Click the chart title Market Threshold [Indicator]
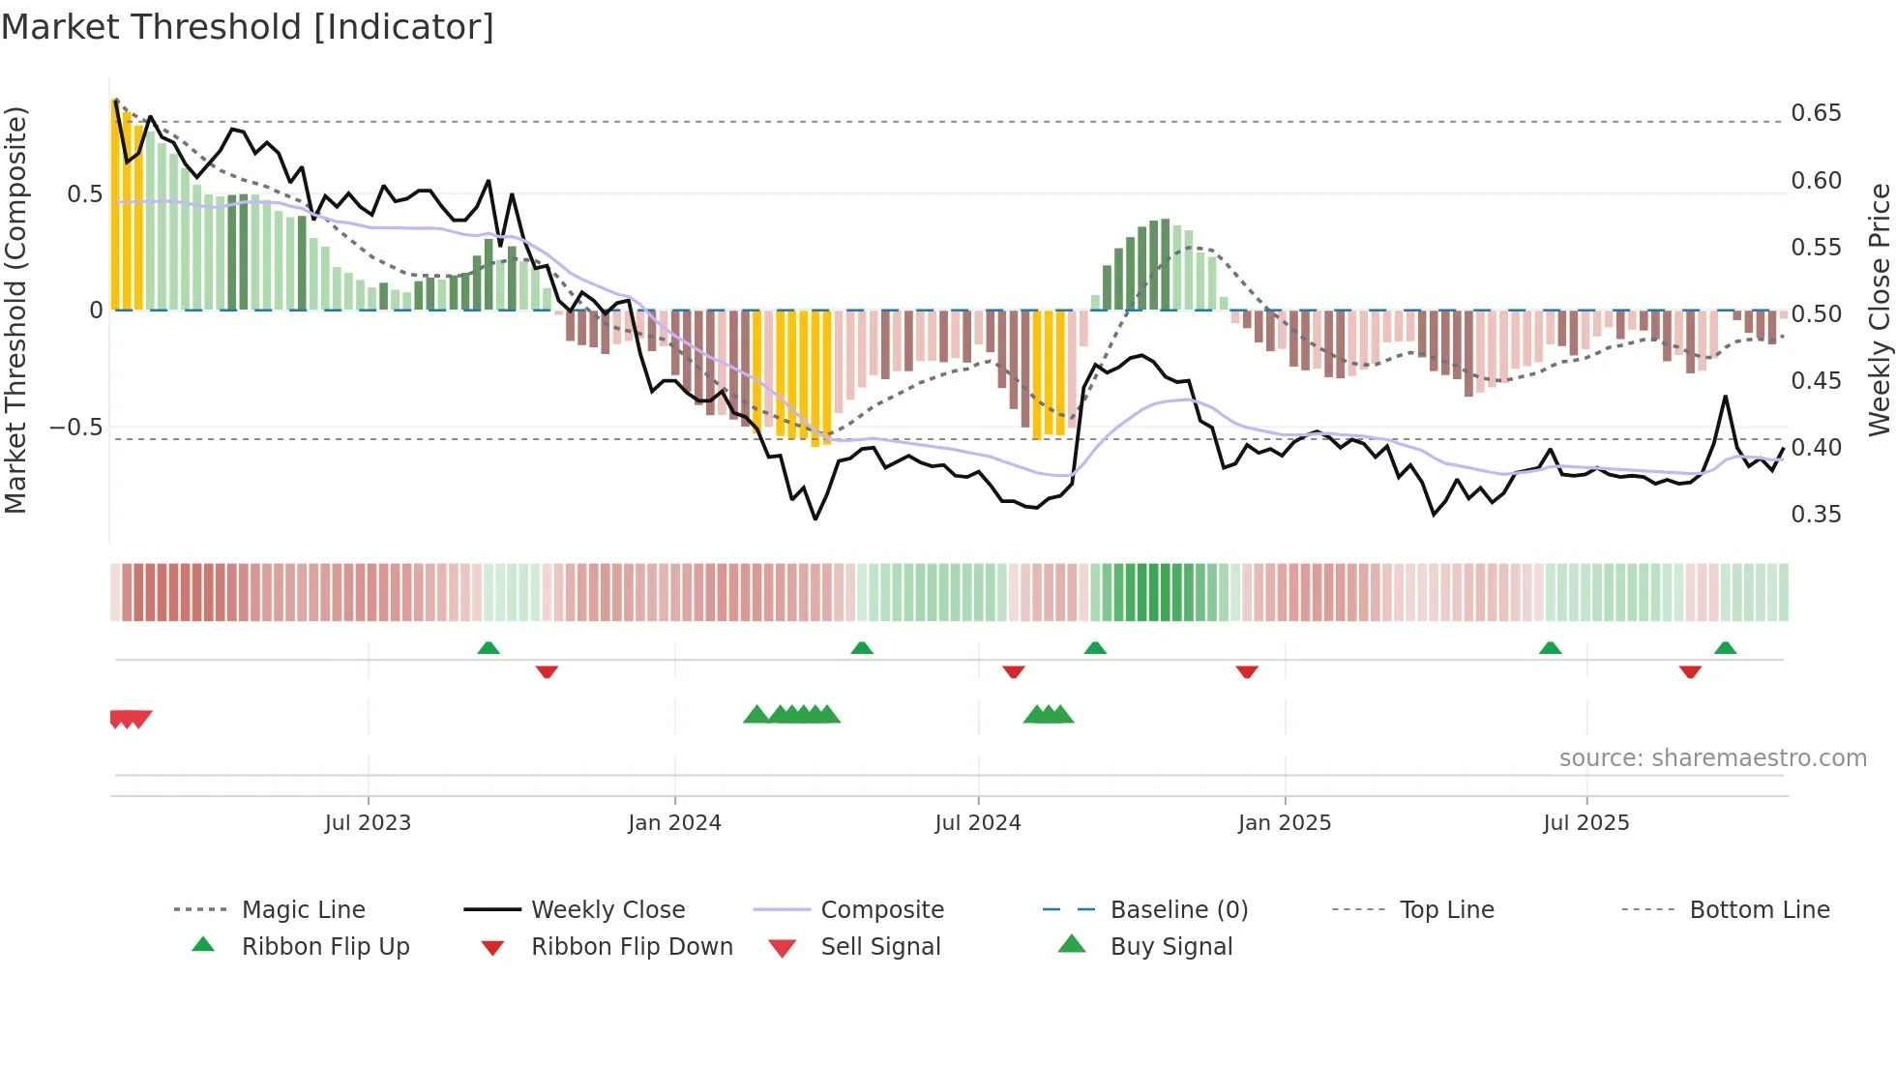coord(248,27)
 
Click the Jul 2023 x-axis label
coord(368,822)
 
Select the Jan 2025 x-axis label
coord(1284,822)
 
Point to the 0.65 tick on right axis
coord(1816,113)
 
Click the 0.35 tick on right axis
coord(1816,514)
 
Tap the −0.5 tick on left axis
coord(75,427)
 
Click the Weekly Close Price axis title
coord(1879,310)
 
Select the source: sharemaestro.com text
coord(1712,757)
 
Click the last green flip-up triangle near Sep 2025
coord(1725,648)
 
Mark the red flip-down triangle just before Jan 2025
coord(1246,671)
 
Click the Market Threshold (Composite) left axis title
coord(15,310)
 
